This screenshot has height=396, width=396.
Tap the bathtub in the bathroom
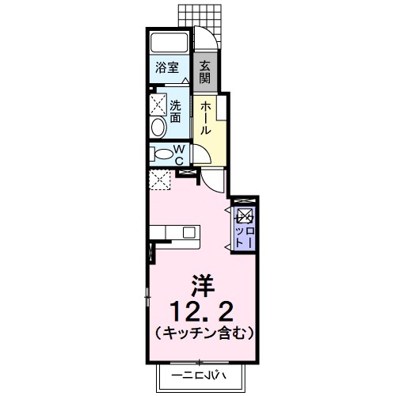click(168, 44)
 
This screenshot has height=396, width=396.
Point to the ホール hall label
click(204, 117)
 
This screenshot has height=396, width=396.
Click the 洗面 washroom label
click(175, 112)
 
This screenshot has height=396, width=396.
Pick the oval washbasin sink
click(157, 128)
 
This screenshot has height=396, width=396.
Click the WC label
click(179, 154)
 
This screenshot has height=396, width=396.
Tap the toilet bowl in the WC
click(162, 154)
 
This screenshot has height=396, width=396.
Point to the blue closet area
click(243, 226)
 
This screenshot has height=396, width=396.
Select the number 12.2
click(201, 308)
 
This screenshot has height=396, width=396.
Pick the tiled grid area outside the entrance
click(196, 14)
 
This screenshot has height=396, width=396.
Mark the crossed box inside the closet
click(244, 215)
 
